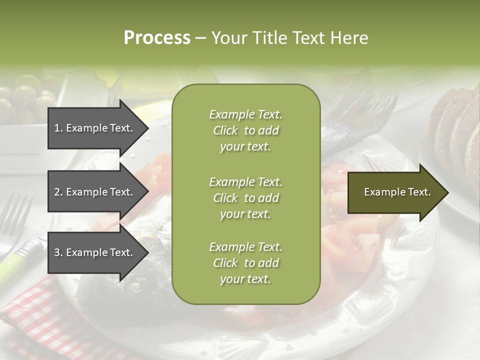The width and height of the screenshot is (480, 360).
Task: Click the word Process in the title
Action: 157,38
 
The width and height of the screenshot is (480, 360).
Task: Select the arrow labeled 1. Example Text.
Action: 95,128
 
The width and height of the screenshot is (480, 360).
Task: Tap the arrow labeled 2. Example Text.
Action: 95,192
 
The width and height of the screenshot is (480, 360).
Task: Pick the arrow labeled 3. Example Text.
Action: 95,252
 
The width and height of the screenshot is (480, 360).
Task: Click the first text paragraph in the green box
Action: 245,130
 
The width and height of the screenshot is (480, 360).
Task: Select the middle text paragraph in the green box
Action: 245,197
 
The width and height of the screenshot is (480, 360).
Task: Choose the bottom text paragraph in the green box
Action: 245,263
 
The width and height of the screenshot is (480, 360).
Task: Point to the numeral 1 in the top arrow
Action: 57,128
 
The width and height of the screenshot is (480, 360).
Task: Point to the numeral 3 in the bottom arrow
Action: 57,252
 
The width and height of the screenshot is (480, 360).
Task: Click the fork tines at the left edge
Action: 15,215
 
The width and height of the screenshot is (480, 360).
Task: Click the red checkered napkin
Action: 30,310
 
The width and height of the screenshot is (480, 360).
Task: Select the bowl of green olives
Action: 25,100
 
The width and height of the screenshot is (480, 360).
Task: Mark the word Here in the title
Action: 349,38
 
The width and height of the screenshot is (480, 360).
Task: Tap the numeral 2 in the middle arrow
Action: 57,192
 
